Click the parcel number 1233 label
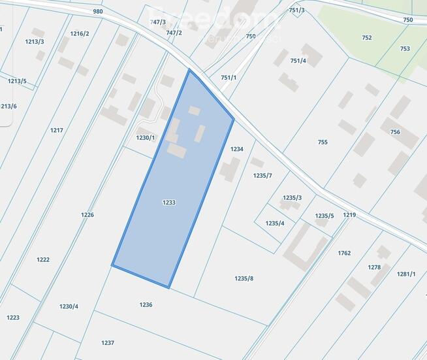(x=169, y=203)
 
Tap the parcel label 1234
(x=237, y=149)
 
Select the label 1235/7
(x=262, y=175)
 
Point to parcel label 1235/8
(x=244, y=278)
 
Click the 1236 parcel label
(x=146, y=304)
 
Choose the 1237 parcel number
(x=108, y=342)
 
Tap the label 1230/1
(x=146, y=137)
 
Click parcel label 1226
(x=87, y=214)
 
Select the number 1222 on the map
(x=43, y=259)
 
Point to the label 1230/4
(x=69, y=306)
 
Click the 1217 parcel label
(x=57, y=130)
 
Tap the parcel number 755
(x=323, y=142)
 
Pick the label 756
(x=395, y=131)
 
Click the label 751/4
(x=298, y=61)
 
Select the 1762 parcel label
(x=344, y=253)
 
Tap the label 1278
(x=374, y=267)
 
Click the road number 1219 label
(x=349, y=214)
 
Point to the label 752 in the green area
(x=367, y=37)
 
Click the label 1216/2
(x=80, y=33)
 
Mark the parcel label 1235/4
(x=275, y=223)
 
